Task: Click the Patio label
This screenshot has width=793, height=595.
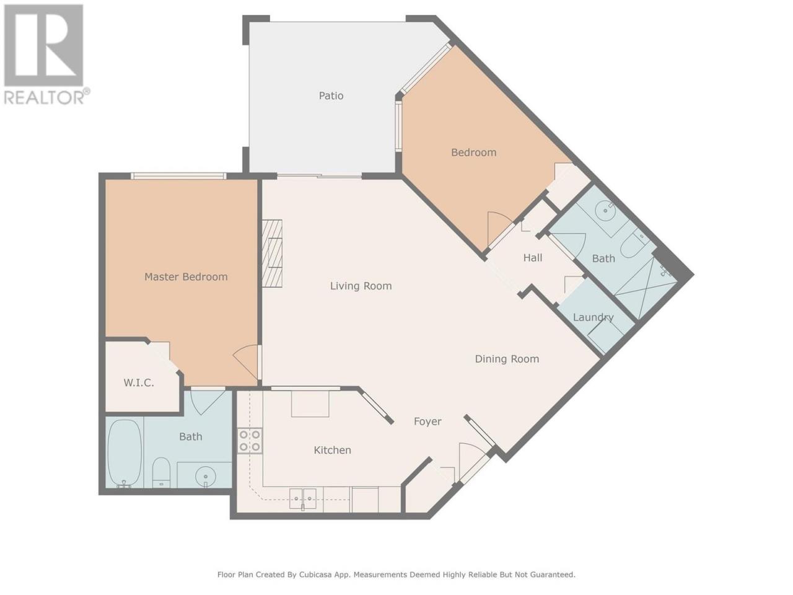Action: coord(331,95)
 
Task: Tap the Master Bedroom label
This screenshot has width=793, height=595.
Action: coord(186,276)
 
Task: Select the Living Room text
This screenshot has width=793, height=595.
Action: coord(361,286)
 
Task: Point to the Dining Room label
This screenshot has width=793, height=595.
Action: coord(507,359)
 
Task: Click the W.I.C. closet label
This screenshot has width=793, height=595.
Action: coord(139,383)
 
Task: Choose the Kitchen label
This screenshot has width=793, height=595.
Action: coord(332,450)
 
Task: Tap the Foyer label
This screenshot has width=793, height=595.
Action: coord(427,421)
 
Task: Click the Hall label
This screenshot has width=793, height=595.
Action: coord(533,258)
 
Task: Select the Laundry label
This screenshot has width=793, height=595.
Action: coord(594,317)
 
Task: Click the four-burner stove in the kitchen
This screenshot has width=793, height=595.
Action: coord(250,441)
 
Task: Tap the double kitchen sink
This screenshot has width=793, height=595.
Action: coord(303,498)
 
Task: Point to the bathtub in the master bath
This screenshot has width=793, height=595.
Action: coord(125,453)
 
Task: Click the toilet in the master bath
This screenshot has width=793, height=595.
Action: coord(161,473)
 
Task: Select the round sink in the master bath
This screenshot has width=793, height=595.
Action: coord(205,474)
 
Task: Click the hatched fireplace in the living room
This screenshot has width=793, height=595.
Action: coord(272,253)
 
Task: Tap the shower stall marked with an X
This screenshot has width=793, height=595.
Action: coord(645,287)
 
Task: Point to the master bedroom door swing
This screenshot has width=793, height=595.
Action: coord(247,361)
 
